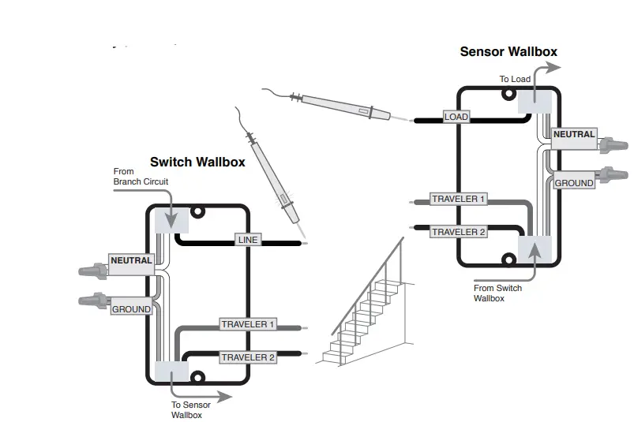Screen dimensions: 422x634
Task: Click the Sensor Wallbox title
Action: tap(508, 52)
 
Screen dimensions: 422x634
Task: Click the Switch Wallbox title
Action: tap(197, 162)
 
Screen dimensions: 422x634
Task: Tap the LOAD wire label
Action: tap(456, 117)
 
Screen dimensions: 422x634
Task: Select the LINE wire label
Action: tap(247, 240)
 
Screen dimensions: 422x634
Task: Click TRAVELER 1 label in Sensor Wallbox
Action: tap(458, 199)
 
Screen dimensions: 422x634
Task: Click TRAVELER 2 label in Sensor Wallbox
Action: tap(458, 232)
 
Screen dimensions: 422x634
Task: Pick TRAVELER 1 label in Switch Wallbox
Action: tap(248, 324)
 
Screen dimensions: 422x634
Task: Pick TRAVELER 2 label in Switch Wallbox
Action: tap(248, 357)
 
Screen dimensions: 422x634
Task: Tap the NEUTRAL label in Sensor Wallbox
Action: tap(574, 135)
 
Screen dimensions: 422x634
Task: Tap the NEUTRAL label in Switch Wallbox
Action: tap(131, 260)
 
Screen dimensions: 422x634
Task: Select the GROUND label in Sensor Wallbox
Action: tap(574, 183)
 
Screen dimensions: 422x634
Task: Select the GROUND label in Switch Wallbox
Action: tap(131, 309)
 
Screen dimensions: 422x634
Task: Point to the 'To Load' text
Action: tap(515, 79)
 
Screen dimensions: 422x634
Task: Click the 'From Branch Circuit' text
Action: tap(141, 177)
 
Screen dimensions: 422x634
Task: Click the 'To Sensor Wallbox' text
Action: tap(191, 409)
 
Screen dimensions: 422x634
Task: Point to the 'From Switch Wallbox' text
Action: tap(497, 293)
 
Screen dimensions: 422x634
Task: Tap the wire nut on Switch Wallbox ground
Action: tap(93, 301)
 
